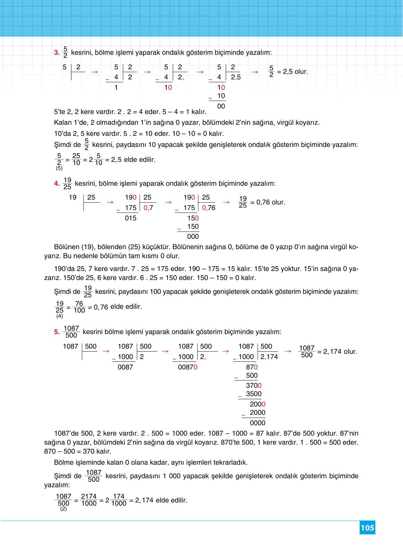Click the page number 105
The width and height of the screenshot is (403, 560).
[x=367, y=528]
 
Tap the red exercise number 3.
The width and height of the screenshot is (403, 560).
[x=57, y=53]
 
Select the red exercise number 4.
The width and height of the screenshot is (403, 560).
[x=57, y=184]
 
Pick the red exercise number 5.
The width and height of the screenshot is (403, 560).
[x=57, y=332]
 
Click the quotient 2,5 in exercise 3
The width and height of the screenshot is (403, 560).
[x=236, y=77]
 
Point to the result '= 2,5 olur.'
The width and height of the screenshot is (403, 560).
[x=292, y=72]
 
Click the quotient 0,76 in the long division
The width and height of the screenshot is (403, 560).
[x=209, y=208]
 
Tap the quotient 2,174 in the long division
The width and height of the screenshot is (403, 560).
[x=269, y=357]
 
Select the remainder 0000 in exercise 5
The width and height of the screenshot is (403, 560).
[x=257, y=423]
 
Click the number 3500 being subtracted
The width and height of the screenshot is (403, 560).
[x=254, y=394]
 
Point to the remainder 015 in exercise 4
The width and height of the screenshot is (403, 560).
[x=131, y=218]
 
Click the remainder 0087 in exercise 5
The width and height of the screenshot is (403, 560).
[x=125, y=367]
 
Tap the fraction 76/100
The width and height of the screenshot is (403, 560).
[x=79, y=307]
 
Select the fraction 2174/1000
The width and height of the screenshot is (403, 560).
[x=89, y=500]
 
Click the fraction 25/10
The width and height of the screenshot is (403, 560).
[x=76, y=159]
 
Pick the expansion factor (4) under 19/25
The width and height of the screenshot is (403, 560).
[x=60, y=316]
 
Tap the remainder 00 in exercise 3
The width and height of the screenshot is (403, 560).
[x=221, y=106]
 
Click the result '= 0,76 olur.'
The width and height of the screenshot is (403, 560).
[x=268, y=202]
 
